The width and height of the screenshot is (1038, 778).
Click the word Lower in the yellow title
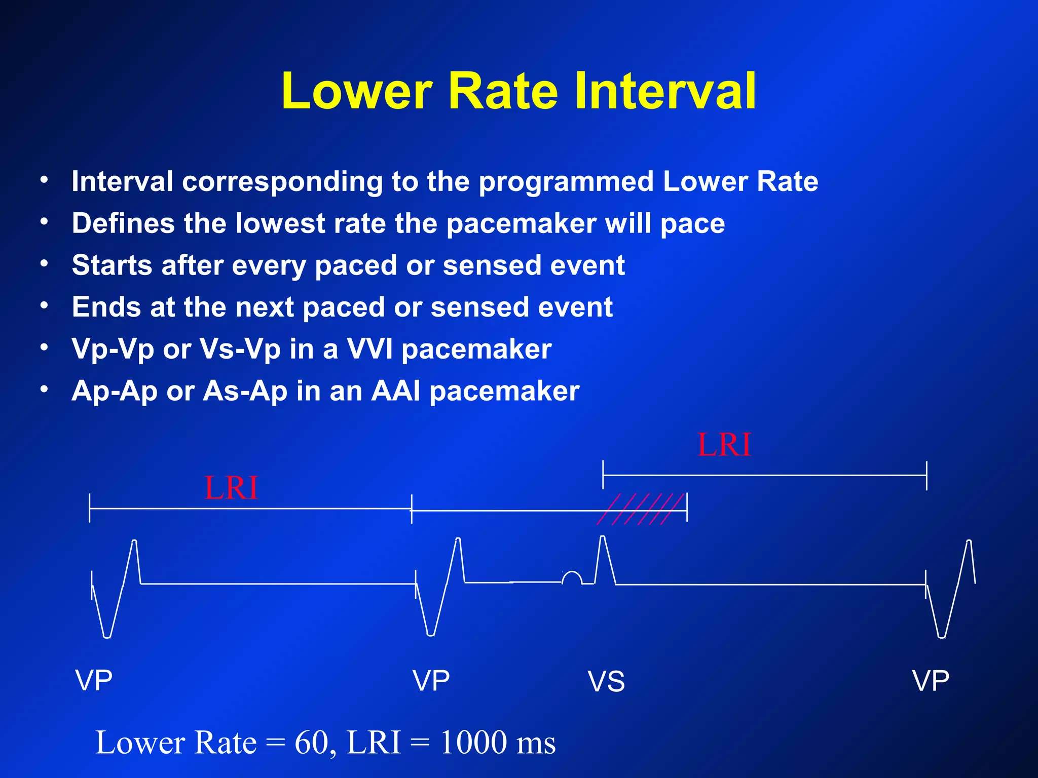pos(357,91)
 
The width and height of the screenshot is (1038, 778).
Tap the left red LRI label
pos(231,488)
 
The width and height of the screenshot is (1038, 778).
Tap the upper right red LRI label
pos(724,445)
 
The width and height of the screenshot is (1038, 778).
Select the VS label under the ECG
pos(606,682)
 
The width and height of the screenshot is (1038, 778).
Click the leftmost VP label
pos(94,680)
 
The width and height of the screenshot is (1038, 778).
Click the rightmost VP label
pos(931,680)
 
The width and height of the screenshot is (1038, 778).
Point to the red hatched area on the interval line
pos(641,509)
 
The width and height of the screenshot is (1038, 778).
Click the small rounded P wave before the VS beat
pos(572,577)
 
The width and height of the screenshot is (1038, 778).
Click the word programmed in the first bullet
pos(566,182)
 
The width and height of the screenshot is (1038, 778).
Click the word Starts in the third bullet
pos(112,265)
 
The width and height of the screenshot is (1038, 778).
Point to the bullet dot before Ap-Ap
pos(45,389)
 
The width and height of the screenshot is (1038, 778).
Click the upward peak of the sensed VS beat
pos(603,539)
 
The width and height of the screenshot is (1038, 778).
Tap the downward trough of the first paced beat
pos(107,635)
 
